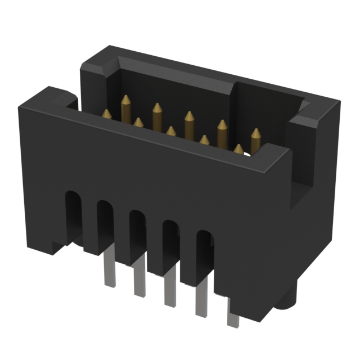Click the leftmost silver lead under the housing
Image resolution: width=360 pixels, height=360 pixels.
pos(109,273)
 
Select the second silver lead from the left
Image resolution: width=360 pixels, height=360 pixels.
pos(139,281)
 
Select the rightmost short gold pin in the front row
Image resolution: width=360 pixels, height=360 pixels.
pos(238,150)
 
